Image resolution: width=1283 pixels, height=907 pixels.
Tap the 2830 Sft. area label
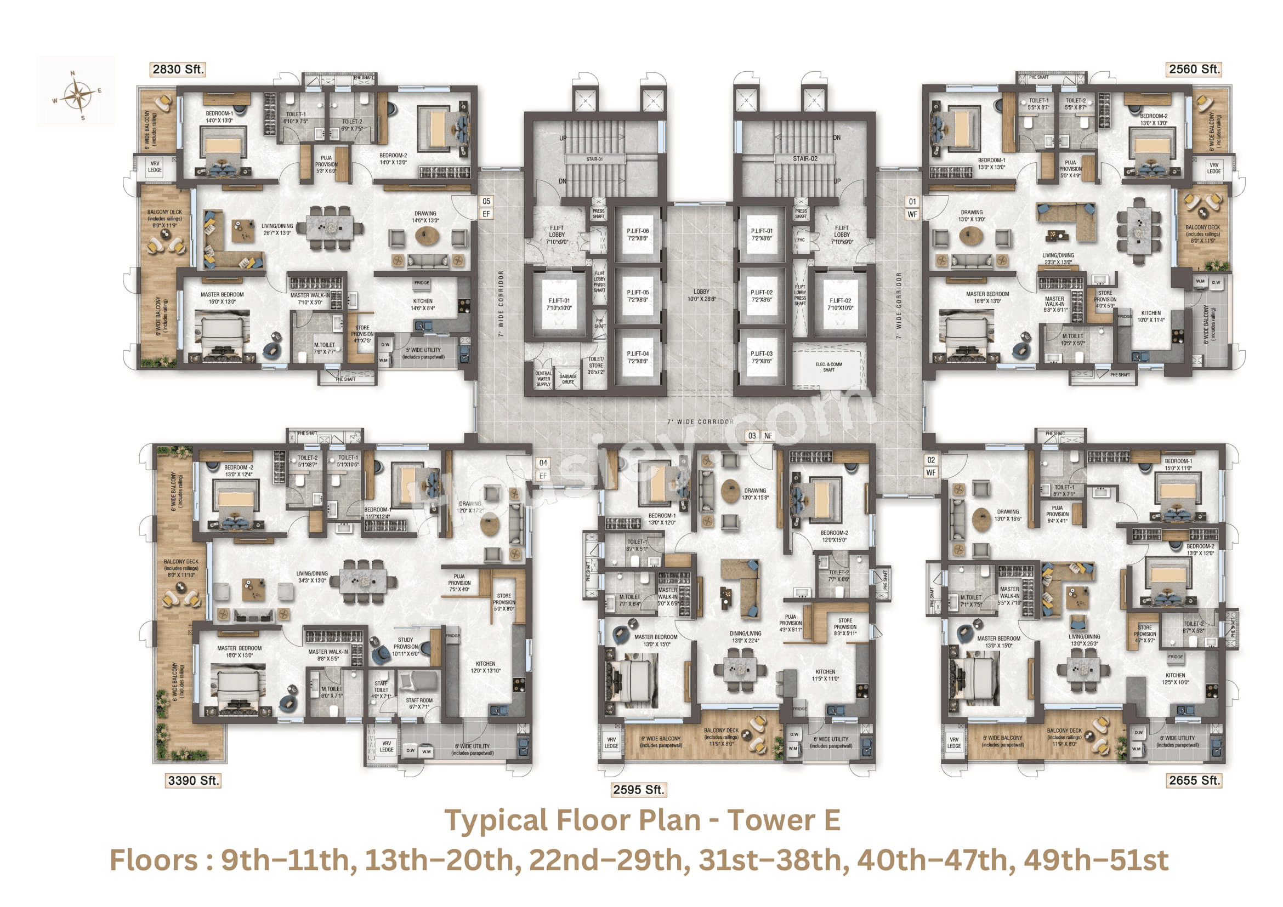click(178, 69)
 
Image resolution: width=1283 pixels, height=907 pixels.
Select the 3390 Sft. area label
click(194, 780)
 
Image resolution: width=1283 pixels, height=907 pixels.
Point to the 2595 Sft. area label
click(638, 789)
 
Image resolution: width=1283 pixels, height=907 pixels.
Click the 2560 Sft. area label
click(1194, 69)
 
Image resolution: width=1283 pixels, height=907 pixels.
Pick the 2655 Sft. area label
click(1194, 780)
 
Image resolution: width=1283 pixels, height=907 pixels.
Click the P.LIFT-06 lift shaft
click(638, 235)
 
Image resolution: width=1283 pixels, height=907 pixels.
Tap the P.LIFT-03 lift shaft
click(762, 357)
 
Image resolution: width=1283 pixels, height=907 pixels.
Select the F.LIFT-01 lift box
click(559, 304)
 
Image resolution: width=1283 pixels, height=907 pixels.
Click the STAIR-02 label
click(805, 158)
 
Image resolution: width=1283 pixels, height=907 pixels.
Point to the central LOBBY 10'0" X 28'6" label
click(701, 295)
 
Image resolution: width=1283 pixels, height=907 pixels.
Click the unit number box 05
click(486, 201)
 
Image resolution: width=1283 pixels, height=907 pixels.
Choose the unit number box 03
click(752, 436)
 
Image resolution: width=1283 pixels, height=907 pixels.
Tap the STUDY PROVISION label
click(405, 646)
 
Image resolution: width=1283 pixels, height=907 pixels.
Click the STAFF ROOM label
click(418, 703)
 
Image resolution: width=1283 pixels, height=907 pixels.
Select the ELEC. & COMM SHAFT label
click(828, 367)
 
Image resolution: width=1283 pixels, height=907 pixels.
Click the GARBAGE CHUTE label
click(567, 379)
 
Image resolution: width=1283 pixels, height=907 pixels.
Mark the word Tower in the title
click(771, 820)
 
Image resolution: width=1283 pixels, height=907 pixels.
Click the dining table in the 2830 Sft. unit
click(330, 227)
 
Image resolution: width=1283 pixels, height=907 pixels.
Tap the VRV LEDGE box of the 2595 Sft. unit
click(611, 742)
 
